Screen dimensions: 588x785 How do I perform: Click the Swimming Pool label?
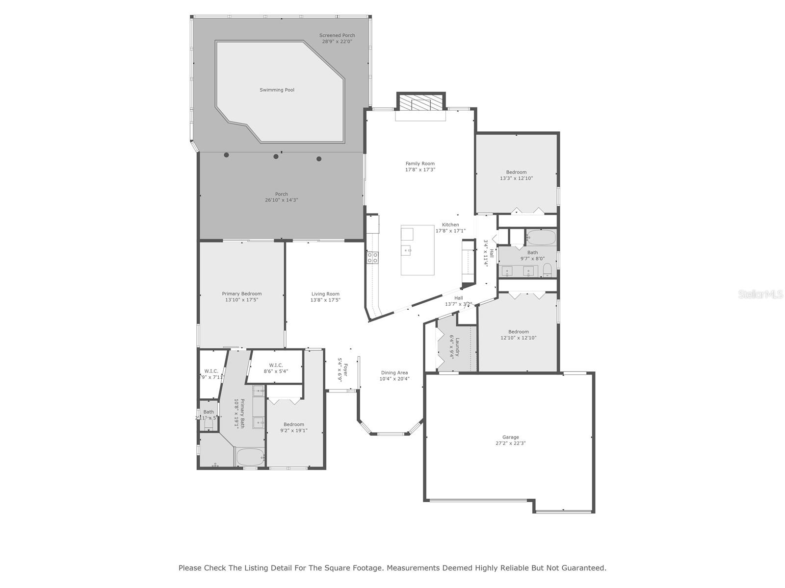tap(277, 90)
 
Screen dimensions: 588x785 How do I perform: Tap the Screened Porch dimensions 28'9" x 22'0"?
tap(337, 42)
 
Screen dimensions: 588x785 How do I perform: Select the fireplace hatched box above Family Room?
tap(420, 103)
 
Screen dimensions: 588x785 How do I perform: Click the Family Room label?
tap(420, 164)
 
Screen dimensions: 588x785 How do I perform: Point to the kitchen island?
tap(417, 250)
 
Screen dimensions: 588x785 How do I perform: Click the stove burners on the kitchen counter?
tap(372, 258)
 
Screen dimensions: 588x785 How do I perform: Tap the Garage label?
tap(510, 437)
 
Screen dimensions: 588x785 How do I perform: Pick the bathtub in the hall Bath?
tap(541, 238)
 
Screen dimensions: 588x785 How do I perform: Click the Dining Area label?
tap(394, 373)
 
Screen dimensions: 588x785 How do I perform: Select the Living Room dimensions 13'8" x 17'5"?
tap(325, 300)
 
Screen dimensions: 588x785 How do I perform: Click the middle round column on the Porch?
tap(276, 157)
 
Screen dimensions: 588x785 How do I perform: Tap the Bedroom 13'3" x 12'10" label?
tap(516, 172)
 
